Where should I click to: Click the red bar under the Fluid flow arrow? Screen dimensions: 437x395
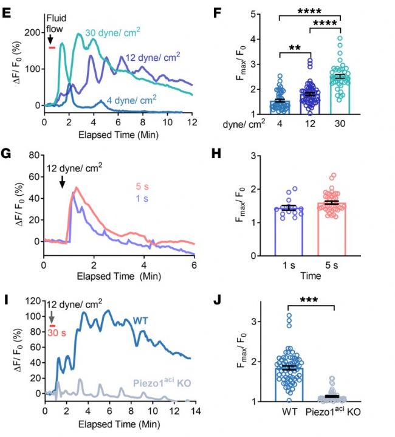(52, 47)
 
